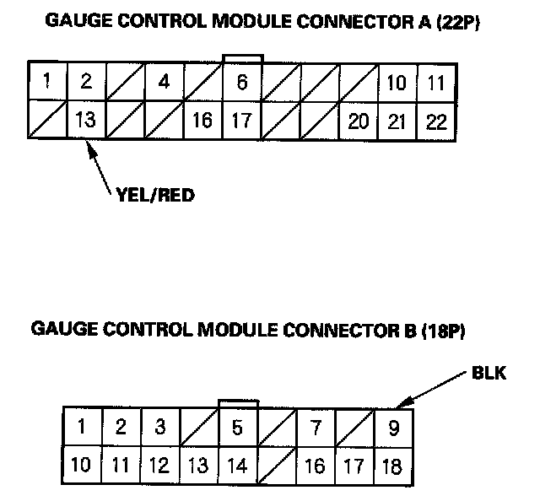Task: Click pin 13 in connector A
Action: click(85, 120)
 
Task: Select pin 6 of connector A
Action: click(241, 82)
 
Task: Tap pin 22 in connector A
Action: click(436, 120)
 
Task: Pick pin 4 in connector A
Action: click(164, 82)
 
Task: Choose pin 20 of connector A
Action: click(359, 120)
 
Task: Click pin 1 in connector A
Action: click(46, 82)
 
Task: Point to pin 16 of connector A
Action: click(202, 120)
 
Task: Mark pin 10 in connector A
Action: click(397, 82)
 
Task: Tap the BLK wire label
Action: click(489, 372)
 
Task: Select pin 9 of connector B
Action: click(393, 426)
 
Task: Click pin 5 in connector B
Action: click(238, 426)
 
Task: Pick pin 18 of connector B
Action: click(393, 465)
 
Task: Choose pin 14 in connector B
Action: click(238, 465)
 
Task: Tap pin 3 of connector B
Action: click(160, 426)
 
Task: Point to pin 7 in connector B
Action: click(316, 426)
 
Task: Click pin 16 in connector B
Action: click(316, 465)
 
